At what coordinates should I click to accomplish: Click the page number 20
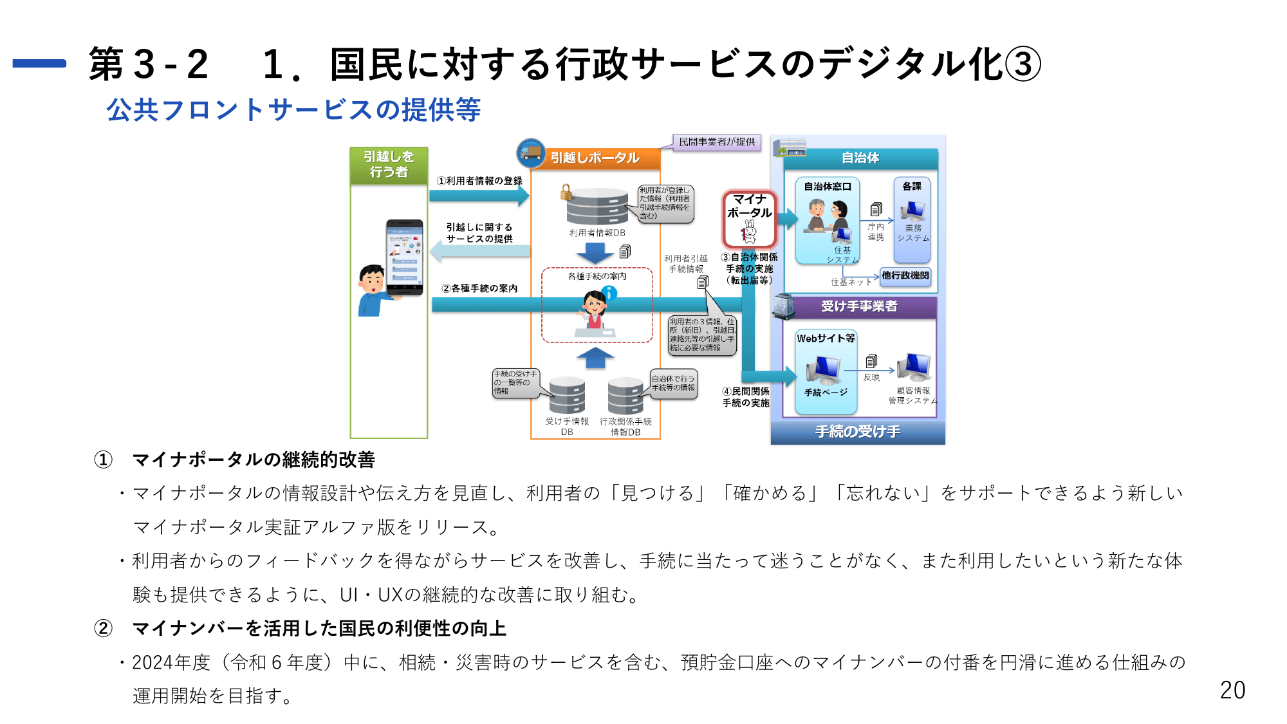pos(1232,690)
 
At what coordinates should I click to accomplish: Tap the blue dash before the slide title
pos(39,63)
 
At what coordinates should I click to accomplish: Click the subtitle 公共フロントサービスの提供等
pos(293,109)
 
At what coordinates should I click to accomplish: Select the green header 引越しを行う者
pos(389,165)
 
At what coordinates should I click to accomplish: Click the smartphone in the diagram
pos(404,257)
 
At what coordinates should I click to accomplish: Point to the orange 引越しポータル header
pos(595,158)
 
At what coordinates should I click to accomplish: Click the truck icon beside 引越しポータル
pos(531,153)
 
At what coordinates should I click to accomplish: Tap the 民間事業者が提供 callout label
pos(717,142)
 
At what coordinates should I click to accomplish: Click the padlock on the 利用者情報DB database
pos(566,192)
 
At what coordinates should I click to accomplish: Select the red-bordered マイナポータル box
pos(749,219)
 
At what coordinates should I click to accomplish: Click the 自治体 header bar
pos(860,158)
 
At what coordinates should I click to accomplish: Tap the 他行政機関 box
pos(905,275)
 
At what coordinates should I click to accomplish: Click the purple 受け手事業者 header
pos(859,306)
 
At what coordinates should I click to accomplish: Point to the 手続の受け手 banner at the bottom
pos(857,432)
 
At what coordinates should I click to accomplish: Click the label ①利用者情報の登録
pos(479,181)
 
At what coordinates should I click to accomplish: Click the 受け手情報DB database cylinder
pos(567,395)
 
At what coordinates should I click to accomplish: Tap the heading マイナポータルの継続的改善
pos(254,459)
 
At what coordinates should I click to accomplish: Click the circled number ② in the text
pos(103,628)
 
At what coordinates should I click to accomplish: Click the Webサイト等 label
pos(826,339)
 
